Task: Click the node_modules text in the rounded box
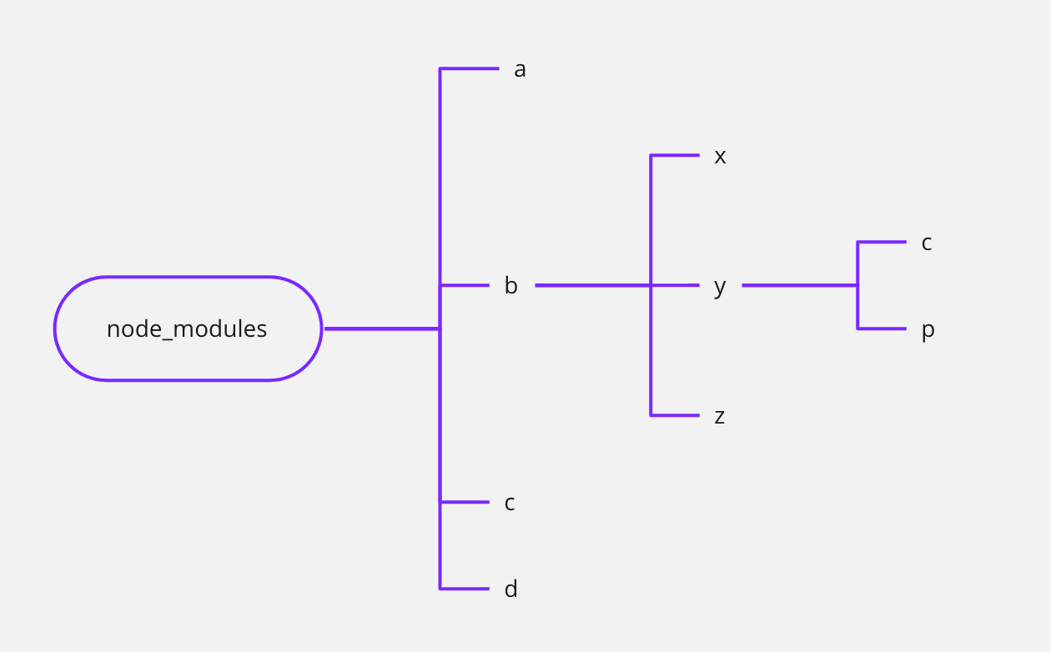coord(187,329)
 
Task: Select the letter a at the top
coord(520,70)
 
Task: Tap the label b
coord(510,286)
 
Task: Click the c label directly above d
coord(510,504)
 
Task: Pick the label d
coord(510,589)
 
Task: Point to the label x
coord(720,157)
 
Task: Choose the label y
coord(720,288)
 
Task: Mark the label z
coord(719,416)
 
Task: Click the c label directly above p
coord(926,243)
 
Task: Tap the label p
coord(928,331)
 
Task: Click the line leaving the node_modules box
coord(381,329)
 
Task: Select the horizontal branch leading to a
coord(469,68)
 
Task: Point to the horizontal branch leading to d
coord(465,589)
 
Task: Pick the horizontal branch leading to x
coord(675,155)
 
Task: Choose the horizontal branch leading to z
coord(675,415)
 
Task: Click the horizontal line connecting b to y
coord(592,285)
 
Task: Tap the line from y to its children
coord(799,285)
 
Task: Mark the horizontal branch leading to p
coord(882,329)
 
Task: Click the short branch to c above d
coord(465,502)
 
